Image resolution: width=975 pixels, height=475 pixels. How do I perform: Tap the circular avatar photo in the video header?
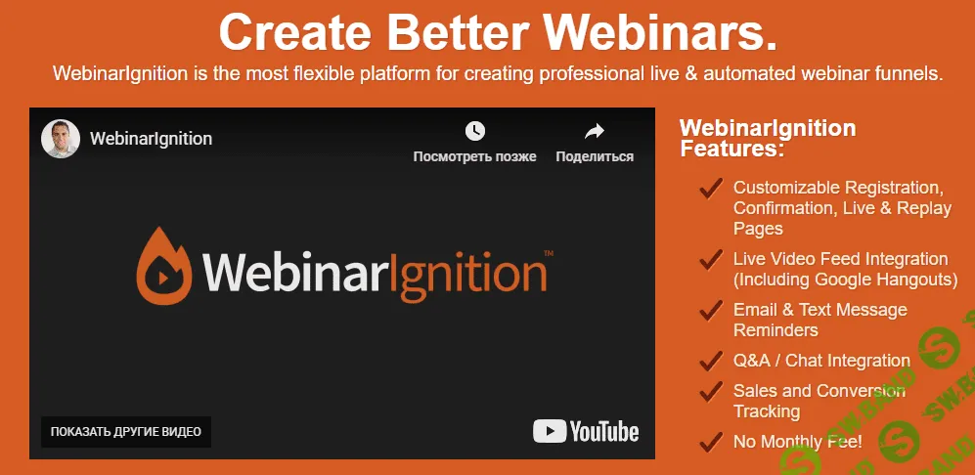click(x=61, y=139)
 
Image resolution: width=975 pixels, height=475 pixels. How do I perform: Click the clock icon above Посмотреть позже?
click(x=474, y=131)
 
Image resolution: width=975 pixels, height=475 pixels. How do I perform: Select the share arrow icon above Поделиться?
click(x=595, y=131)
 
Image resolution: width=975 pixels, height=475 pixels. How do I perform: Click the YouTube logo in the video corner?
click(x=586, y=431)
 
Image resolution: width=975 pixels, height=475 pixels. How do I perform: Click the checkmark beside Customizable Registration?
click(x=711, y=189)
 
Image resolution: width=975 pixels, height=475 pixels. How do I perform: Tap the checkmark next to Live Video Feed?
click(x=711, y=260)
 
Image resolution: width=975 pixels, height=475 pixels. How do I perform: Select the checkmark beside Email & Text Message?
click(x=711, y=311)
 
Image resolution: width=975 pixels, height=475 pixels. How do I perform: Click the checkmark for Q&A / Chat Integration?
click(x=711, y=361)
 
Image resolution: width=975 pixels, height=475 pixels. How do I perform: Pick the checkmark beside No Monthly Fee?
click(x=711, y=441)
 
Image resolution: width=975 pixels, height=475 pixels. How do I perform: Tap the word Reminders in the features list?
click(x=776, y=330)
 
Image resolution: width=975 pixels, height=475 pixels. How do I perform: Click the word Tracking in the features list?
click(x=767, y=411)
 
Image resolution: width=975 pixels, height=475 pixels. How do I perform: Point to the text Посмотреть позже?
click(x=474, y=156)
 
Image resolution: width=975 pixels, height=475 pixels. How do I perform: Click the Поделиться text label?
click(x=595, y=156)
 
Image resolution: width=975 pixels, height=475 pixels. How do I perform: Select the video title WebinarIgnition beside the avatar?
click(x=151, y=139)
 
